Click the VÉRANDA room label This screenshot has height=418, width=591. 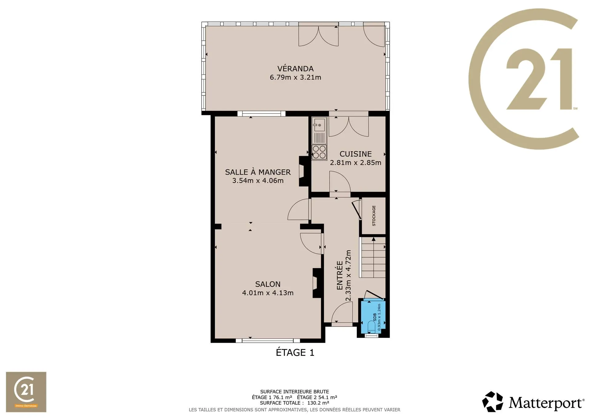click(295, 68)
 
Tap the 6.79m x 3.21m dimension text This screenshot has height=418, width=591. click(295, 77)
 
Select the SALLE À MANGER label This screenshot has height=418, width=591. click(258, 172)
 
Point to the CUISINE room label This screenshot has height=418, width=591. click(356, 154)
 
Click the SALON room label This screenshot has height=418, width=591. click(268, 284)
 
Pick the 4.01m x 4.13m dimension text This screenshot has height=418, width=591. click(268, 293)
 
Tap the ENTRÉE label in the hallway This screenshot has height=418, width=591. click(340, 275)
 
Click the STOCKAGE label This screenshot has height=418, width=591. click(374, 216)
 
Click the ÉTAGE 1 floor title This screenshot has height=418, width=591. click(295, 352)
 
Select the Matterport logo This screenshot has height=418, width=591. click(533, 402)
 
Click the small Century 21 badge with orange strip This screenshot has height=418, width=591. click(26, 392)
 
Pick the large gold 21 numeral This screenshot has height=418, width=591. click(539, 79)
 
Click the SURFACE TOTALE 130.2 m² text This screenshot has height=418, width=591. click(295, 403)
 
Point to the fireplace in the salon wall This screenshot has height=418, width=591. click(317, 283)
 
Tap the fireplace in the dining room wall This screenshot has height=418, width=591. click(304, 171)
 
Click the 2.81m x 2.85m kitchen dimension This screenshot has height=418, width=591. click(356, 163)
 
